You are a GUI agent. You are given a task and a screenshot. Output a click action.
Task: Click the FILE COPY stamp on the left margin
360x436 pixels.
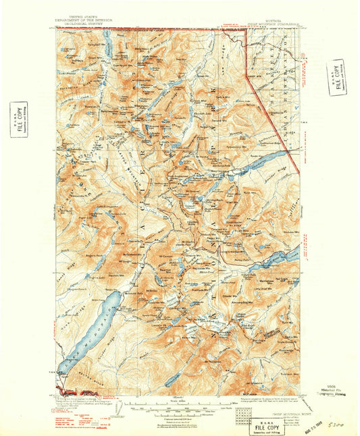click(18, 118)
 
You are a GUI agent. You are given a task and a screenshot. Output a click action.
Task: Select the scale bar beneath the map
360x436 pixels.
click(177, 408)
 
